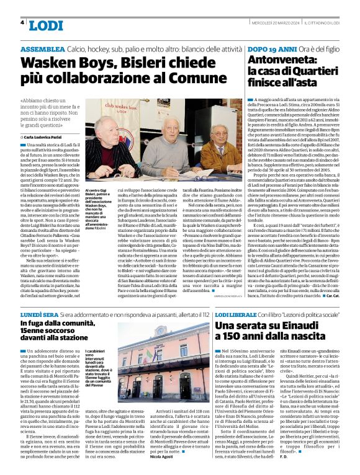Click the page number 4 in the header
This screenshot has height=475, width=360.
click(22, 22)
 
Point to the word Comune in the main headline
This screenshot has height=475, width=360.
click(204, 81)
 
